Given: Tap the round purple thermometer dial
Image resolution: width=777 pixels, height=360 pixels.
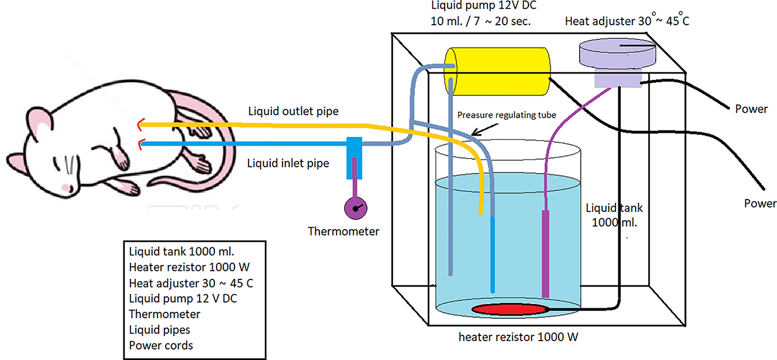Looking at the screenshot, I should coord(355,208).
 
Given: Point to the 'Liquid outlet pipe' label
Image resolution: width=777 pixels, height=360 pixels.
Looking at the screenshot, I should coord(293,111).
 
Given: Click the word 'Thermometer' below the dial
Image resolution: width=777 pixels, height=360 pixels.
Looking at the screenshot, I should coord(344,231).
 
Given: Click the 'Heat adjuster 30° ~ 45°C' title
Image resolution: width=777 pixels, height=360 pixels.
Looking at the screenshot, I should coord(631,22).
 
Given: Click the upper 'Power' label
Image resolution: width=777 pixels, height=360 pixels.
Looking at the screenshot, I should coord(751,109).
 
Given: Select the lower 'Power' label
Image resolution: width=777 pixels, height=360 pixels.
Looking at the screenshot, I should coord(760,204).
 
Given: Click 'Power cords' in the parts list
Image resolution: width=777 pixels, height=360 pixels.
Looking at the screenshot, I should coord(161,345).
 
